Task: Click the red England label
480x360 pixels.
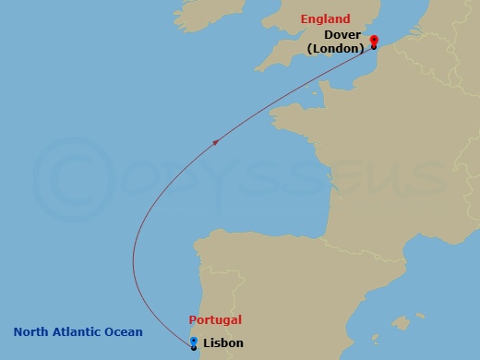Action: (325, 18)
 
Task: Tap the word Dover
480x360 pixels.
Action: (342, 35)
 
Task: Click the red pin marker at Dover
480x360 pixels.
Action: (374, 40)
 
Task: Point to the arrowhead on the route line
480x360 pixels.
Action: (216, 142)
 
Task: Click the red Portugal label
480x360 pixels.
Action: (215, 319)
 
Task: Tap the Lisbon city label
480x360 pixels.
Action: (222, 342)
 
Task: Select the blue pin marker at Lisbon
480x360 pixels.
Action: (193, 342)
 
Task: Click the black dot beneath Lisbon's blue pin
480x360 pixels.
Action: (193, 348)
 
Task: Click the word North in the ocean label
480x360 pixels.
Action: (31, 332)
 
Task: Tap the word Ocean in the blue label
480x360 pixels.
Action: (124, 332)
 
